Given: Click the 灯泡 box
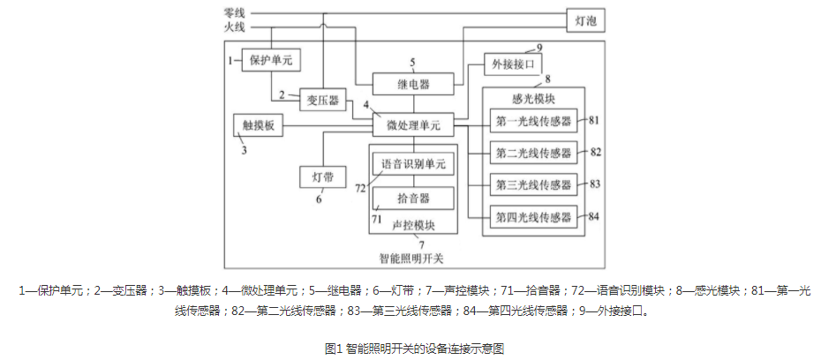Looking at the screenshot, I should [x=586, y=19].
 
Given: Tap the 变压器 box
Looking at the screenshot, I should [x=323, y=98].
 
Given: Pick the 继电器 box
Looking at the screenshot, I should [x=413, y=85].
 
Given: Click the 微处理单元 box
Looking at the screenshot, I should [x=413, y=125].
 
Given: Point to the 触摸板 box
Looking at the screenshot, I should [x=259, y=125].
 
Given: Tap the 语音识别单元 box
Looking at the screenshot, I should [x=413, y=164].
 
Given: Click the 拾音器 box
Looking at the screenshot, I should [x=413, y=197].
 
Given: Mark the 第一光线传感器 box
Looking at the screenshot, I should [x=533, y=121].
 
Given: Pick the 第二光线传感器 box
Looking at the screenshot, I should [x=533, y=153].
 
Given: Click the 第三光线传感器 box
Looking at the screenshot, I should [x=533, y=184].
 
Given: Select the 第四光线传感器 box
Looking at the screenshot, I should [x=533, y=216].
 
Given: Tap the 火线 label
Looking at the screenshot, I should [x=235, y=28].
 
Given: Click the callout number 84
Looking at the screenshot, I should [x=594, y=216].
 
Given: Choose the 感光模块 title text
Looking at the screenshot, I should [x=533, y=98].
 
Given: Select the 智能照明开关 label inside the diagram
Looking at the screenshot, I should [x=413, y=259].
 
